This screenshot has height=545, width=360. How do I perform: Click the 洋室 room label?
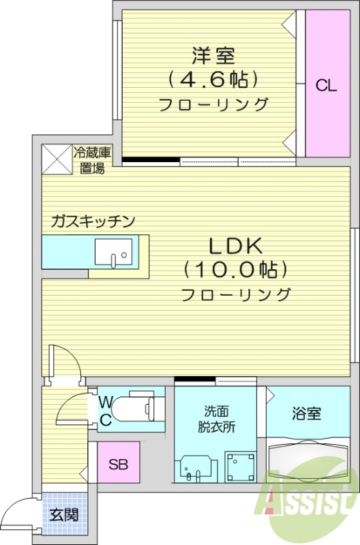tap(213, 54)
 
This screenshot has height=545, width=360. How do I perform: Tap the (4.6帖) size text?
tap(213, 80)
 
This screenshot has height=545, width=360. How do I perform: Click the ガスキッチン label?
tap(93, 221)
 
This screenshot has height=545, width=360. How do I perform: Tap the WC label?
tap(106, 410)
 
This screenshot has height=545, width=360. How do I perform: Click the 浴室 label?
tap(307, 413)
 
